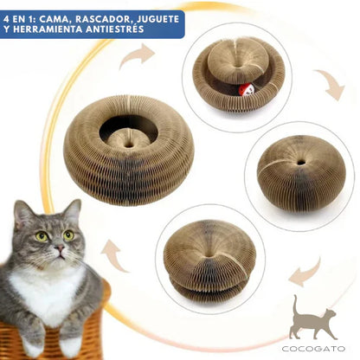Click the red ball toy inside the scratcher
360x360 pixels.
(x=246, y=88)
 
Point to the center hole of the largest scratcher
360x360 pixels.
(x=127, y=132)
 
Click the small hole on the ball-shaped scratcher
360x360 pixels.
(x=301, y=161)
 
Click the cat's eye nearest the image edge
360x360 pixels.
(x=40, y=235)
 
